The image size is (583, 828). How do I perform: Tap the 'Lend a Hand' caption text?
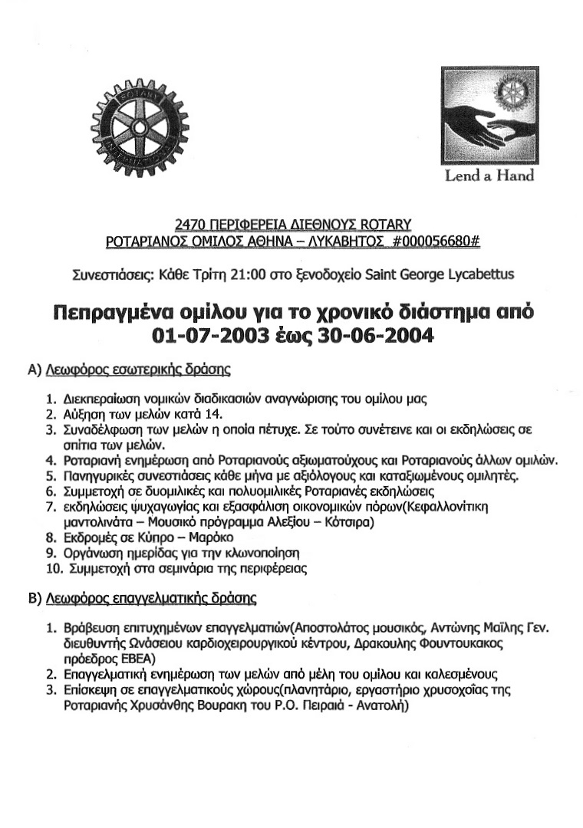(x=489, y=176)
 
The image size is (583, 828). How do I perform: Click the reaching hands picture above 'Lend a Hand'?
(x=487, y=116)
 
